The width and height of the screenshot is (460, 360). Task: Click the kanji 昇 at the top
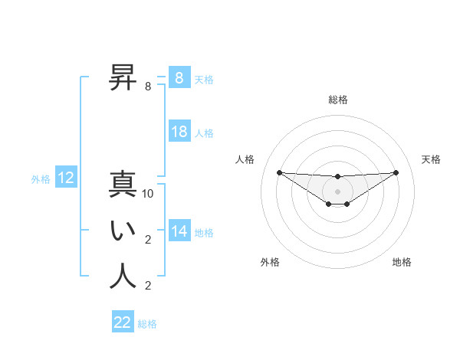coord(123,78)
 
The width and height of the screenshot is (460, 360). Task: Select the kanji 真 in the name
coord(123,186)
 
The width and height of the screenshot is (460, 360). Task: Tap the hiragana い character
coord(123,232)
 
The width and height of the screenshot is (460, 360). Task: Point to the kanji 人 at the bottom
coord(123,277)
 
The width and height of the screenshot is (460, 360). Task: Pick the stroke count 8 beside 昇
coord(148,87)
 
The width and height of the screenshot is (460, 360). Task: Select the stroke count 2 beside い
coord(148,240)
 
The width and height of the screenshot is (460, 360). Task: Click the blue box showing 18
coord(179,132)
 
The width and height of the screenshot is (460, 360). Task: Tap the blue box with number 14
coord(179,231)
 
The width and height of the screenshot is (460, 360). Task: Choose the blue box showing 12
coord(66,178)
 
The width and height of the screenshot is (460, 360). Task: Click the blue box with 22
coord(123,322)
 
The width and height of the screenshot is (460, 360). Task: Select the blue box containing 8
coord(179,78)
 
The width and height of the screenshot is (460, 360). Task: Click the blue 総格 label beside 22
coord(147,324)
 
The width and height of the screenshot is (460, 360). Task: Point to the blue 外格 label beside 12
coord(41,179)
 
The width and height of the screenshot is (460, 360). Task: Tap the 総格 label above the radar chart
coord(337,100)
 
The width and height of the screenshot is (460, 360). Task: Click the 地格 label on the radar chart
coord(402,262)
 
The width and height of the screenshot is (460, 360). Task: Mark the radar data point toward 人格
coord(279,172)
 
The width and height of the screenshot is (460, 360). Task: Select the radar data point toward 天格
coord(396,172)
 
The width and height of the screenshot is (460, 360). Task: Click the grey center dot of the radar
coord(337,191)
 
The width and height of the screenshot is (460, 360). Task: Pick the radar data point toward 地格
coord(347,204)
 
